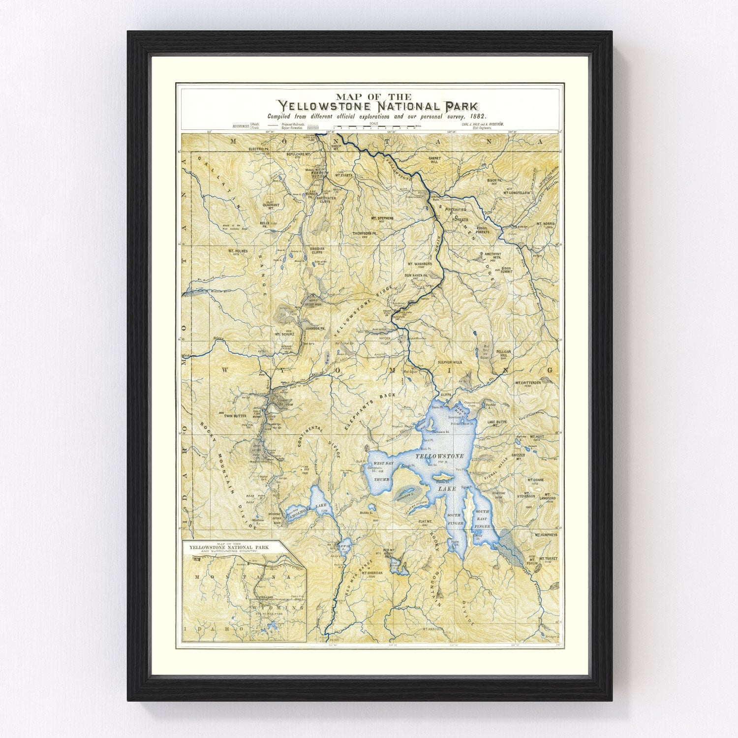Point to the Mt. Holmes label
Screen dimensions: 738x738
coord(238,251)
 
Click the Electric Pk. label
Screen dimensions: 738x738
coord(260,149)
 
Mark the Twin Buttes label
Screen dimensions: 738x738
coord(235,416)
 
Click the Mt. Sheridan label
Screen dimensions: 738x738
coord(372,573)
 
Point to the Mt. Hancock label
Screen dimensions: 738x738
coord(433,629)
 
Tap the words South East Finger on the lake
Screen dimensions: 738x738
coord(482,519)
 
